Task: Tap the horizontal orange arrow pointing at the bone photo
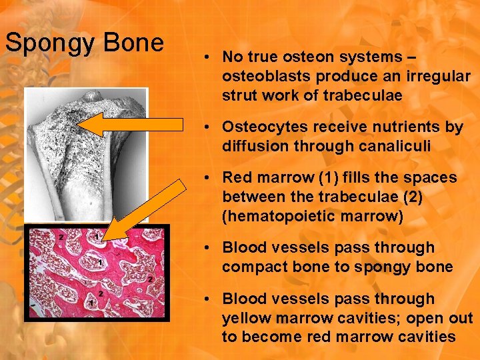133,125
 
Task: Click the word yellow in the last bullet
245,317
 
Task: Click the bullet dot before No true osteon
209,58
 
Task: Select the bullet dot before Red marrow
209,178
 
